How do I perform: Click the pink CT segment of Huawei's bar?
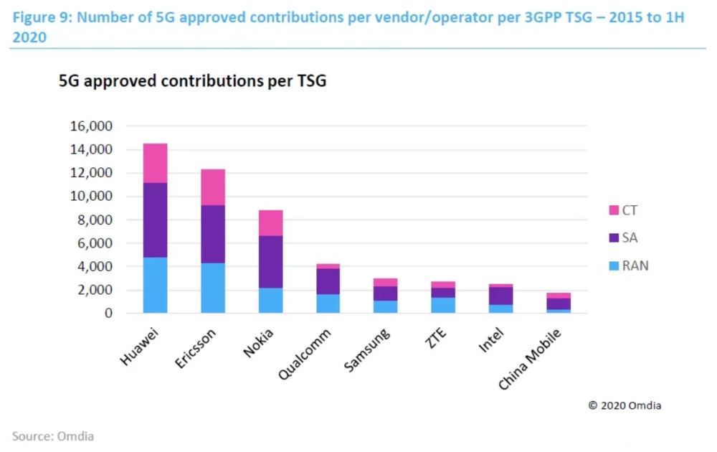[155, 164]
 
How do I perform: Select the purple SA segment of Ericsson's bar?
[213, 234]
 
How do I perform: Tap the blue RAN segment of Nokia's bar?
[271, 301]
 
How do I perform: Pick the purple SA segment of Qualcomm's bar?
[328, 281]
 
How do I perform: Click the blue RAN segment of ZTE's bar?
[443, 306]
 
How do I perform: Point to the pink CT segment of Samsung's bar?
[386, 283]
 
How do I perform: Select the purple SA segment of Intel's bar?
[500, 296]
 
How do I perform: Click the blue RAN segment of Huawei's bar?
[155, 286]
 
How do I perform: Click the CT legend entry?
[623, 210]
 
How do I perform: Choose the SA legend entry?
[623, 238]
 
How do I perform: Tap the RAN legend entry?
[629, 265]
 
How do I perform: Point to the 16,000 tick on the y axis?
[91, 126]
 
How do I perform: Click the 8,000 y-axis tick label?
[95, 220]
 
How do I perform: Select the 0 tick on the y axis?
[108, 313]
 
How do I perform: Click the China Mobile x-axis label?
[530, 359]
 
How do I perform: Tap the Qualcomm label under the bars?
[305, 354]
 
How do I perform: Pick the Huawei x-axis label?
[139, 347]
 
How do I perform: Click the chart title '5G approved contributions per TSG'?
[192, 81]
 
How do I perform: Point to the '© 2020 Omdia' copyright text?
[625, 405]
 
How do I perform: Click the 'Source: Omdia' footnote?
[53, 436]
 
